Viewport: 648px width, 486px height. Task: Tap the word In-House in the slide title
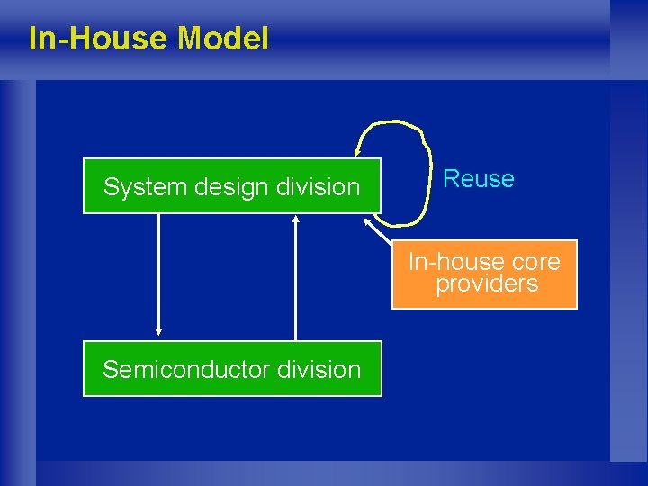[99, 39]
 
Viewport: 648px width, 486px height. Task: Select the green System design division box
[231, 186]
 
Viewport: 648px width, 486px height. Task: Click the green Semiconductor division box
[231, 369]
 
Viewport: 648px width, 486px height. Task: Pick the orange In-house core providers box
[484, 274]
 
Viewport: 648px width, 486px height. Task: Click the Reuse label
[479, 179]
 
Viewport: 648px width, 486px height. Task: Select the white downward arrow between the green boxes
[158, 270]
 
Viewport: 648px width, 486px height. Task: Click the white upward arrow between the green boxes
[295, 279]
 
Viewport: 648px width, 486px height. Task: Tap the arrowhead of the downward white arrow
[158, 329]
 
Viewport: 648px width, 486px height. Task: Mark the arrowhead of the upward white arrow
[295, 219]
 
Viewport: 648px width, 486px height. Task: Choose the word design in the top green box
[226, 187]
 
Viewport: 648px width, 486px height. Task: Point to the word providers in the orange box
[487, 284]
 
